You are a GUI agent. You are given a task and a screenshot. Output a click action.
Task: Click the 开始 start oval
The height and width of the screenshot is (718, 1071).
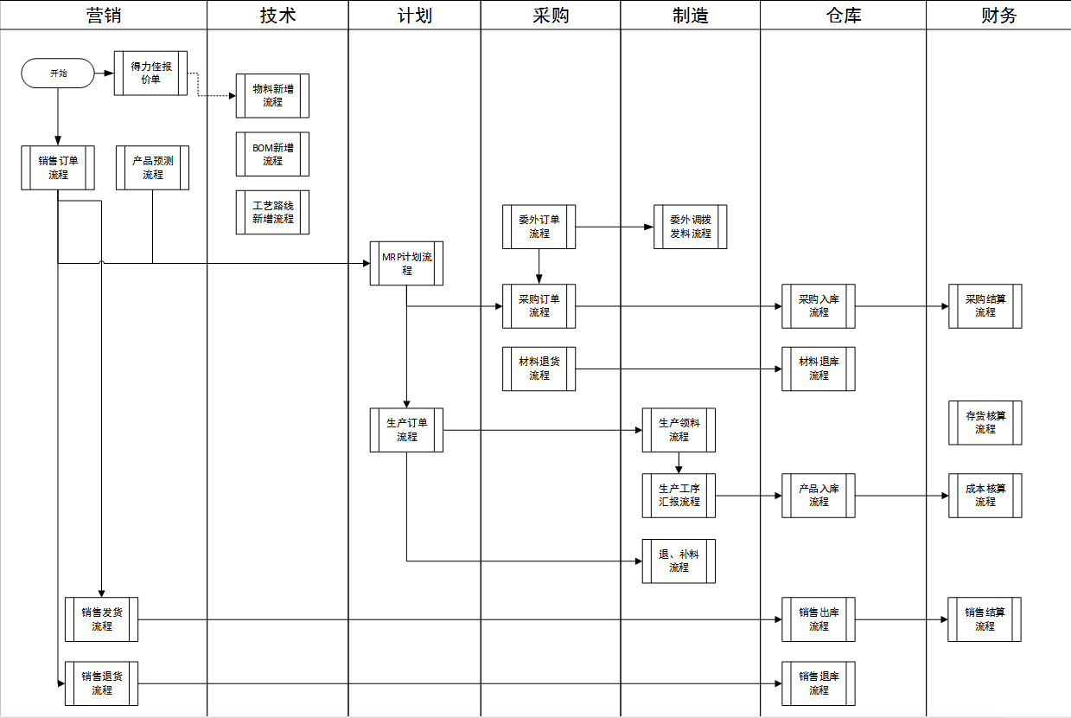[57, 74]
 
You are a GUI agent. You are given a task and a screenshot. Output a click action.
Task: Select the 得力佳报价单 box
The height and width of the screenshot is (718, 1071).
[150, 73]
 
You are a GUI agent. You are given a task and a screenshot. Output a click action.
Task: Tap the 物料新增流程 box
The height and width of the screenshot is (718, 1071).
[272, 95]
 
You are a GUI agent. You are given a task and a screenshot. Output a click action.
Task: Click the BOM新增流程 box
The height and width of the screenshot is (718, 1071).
[272, 154]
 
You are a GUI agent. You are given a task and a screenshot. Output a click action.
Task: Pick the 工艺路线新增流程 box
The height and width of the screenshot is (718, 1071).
[272, 212]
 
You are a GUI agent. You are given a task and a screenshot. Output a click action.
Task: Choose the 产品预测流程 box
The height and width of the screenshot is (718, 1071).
[152, 167]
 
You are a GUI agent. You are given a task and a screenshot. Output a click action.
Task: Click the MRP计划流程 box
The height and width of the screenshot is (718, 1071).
[406, 263]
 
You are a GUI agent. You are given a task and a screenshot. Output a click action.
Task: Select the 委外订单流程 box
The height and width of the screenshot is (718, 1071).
[539, 227]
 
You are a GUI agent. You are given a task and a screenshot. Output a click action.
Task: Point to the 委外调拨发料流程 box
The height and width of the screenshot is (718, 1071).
[690, 227]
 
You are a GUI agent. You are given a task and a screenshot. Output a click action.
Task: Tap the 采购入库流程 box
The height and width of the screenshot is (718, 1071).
[818, 305]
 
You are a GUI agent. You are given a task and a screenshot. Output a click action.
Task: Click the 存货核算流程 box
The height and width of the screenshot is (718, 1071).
[985, 422]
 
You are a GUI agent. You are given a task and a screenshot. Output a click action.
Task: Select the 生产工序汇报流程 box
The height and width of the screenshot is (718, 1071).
[679, 495]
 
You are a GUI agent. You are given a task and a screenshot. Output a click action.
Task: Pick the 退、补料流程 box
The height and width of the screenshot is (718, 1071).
[679, 561]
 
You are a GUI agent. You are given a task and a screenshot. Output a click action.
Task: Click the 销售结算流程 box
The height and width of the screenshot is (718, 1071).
[984, 619]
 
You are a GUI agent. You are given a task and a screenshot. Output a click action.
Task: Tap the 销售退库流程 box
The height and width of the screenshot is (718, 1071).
[818, 683]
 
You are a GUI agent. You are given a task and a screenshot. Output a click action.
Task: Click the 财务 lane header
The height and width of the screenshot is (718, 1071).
[998, 15]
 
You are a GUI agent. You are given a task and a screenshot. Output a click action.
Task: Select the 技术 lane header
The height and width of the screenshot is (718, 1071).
[277, 15]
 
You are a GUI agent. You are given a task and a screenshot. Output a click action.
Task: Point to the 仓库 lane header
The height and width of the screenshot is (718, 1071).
[843, 15]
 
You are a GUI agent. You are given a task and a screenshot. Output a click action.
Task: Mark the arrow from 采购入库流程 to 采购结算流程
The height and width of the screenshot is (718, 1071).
[902, 305]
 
